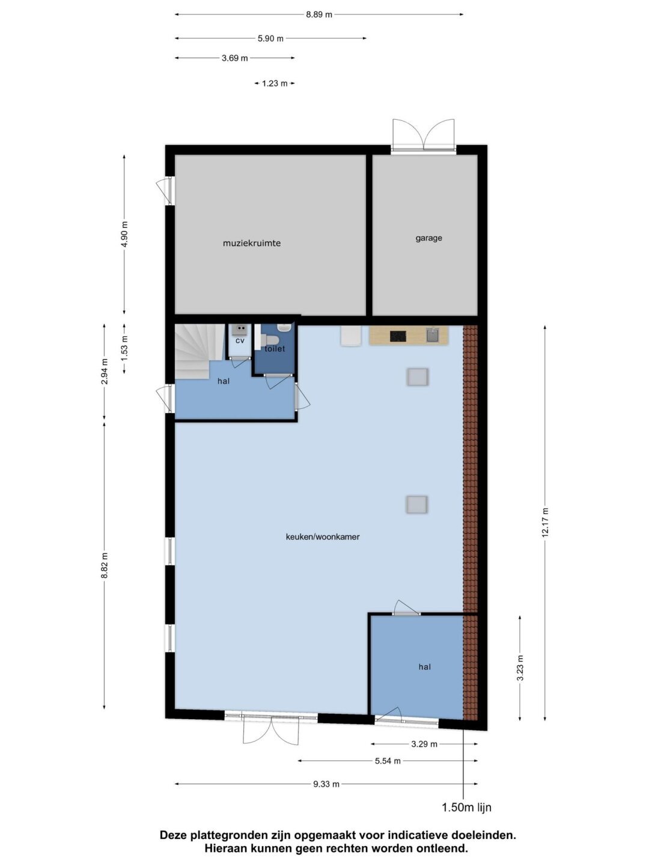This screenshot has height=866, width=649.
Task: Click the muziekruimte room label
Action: (x=252, y=243)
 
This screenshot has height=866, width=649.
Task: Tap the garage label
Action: (x=428, y=238)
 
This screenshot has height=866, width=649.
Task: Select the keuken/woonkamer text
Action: (x=323, y=536)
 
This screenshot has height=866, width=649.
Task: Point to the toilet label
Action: (x=275, y=349)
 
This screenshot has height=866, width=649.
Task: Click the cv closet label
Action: (x=240, y=340)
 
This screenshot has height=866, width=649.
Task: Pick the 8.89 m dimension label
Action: (x=319, y=15)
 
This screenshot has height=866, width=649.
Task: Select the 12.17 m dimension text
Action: (x=545, y=523)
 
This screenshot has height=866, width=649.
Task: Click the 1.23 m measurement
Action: (x=275, y=83)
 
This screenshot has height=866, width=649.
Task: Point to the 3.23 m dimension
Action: (x=520, y=668)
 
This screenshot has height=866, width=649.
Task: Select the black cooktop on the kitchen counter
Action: (x=398, y=337)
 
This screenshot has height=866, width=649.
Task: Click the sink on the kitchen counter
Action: (x=433, y=336)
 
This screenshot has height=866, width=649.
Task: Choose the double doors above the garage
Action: (x=424, y=135)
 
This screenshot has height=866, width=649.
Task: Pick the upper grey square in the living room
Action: (x=417, y=376)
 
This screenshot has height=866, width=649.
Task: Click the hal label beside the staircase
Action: (x=224, y=381)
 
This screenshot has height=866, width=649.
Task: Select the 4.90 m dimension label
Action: (x=124, y=235)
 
